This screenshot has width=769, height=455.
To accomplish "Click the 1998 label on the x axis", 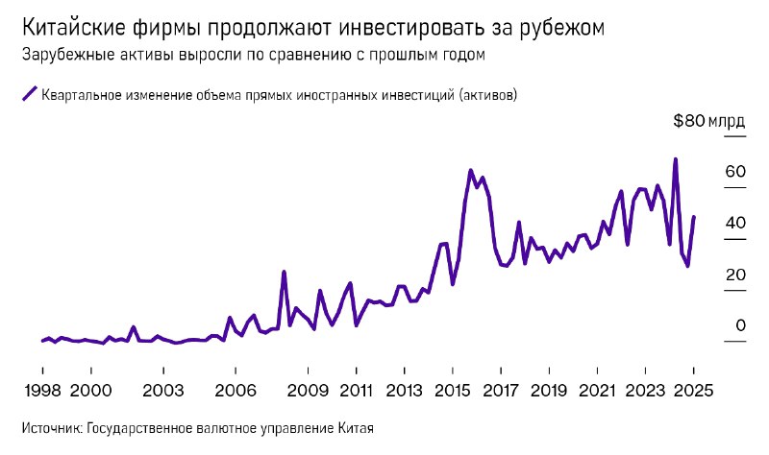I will tap(42, 391).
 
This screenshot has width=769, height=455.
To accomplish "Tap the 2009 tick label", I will tap(308, 391).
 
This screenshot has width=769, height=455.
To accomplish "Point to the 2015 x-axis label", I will tap(452, 391).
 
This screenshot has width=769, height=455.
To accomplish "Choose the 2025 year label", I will tap(693, 391).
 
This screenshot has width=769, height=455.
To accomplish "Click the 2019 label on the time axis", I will tap(549, 391).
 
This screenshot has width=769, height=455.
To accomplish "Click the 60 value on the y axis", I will tap(735, 172).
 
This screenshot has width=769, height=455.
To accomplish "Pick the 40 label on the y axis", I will tap(735, 223).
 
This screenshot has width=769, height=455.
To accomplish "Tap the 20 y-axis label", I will tap(735, 275).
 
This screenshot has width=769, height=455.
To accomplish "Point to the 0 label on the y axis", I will tap(740, 326).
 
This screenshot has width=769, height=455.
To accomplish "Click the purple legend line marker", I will tap(28, 94).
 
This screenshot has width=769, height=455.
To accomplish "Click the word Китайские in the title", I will tap(69, 27).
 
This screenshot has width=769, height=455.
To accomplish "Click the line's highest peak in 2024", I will tap(676, 159).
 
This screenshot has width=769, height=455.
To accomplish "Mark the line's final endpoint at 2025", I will tap(694, 217).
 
